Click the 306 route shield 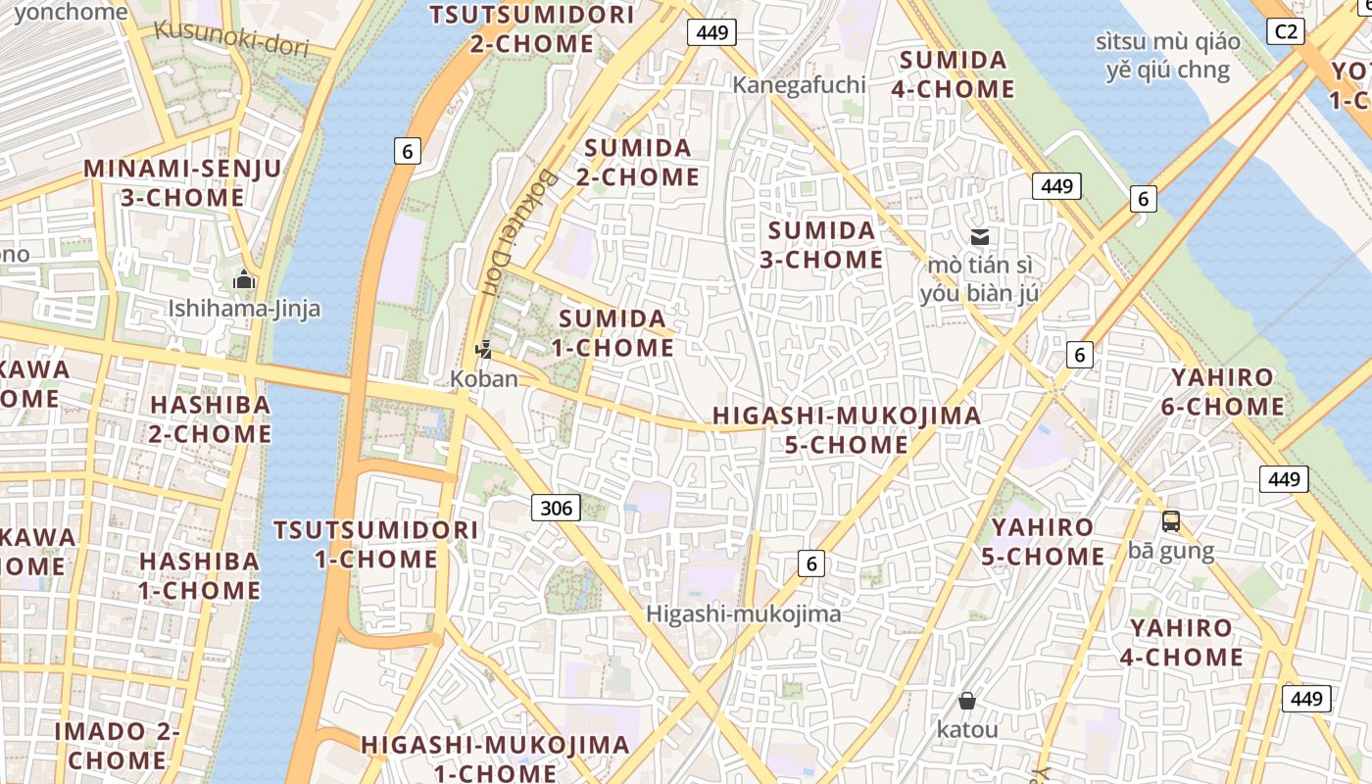coord(556,508)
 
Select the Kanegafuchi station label coord(800,85)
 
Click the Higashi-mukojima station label coord(744,614)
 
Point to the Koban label coord(484,378)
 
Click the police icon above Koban coord(483,348)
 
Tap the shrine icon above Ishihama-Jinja coord(244,281)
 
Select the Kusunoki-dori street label coord(231,37)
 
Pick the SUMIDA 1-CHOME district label coord(612,333)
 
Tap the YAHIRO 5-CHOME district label coord(1043,542)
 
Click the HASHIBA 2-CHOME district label coord(209,419)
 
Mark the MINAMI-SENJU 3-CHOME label coord(182,183)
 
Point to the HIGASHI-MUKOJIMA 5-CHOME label coord(847,429)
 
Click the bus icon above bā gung coord(1170,521)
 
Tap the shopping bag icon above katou coord(967,701)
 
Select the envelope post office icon coord(979,236)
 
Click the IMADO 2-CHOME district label coord(118,745)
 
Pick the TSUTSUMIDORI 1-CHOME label coord(376,545)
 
